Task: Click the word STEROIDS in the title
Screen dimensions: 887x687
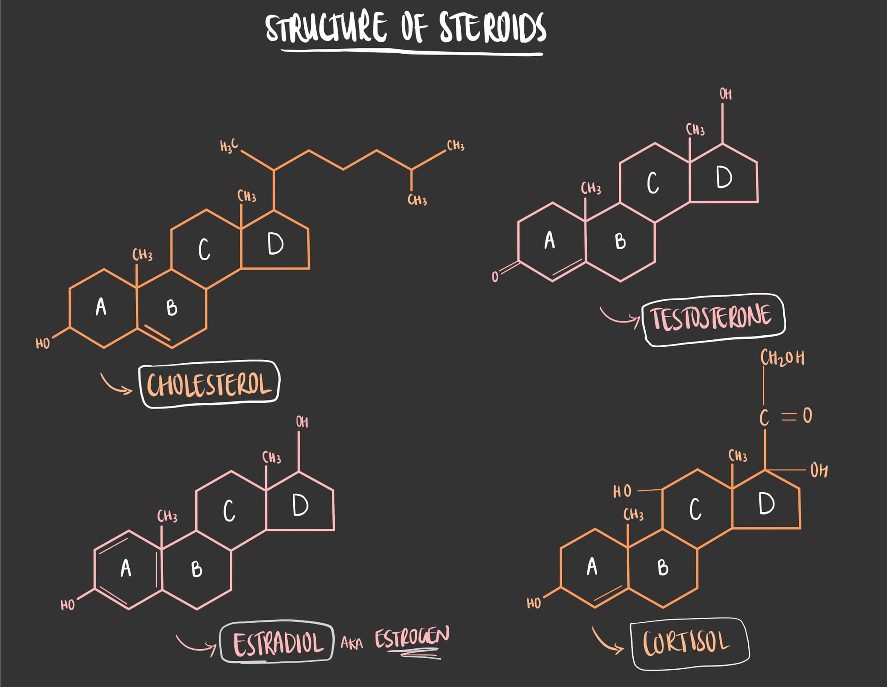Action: pos(492,27)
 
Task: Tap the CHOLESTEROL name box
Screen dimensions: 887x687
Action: pos(209,384)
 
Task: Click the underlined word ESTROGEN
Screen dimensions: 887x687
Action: pos(412,638)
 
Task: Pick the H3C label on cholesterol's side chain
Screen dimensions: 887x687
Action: pos(229,145)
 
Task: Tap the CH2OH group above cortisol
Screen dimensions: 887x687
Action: pos(782,358)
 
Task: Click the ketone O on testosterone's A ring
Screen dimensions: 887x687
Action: pos(495,277)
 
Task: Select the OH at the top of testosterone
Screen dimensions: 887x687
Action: pos(726,94)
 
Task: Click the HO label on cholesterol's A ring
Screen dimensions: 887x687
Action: pos(43,343)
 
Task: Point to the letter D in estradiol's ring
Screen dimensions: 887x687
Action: pos(300,505)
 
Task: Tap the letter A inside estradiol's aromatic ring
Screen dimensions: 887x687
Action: pos(126,568)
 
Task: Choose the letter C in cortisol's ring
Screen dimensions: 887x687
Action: pos(695,509)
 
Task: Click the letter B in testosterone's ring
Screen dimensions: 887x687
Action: pos(620,241)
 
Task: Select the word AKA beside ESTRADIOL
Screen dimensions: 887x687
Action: pos(351,643)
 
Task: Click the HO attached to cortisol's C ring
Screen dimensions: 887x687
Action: pos(622,491)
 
